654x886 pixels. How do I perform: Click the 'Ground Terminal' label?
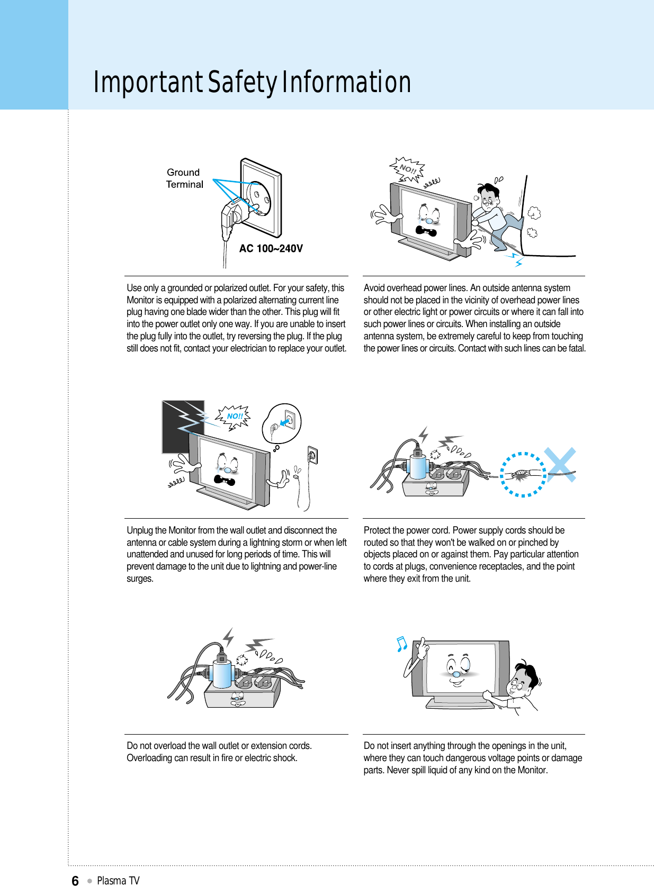tap(184, 178)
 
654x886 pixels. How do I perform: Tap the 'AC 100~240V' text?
tap(271, 248)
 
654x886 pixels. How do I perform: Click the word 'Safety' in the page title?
tap(242, 83)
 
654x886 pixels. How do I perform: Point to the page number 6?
tap(75, 880)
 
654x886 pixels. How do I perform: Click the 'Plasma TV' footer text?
tap(118, 880)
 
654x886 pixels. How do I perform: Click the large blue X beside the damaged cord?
tap(560, 465)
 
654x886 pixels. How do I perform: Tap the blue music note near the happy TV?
tap(402, 644)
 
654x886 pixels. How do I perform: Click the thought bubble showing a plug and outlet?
tap(282, 423)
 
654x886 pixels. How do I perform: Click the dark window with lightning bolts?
tap(182, 426)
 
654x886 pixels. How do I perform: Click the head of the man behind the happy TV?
tap(522, 680)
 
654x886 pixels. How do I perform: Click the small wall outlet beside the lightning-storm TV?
tap(312, 455)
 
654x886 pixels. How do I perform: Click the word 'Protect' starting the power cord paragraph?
tap(377, 530)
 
